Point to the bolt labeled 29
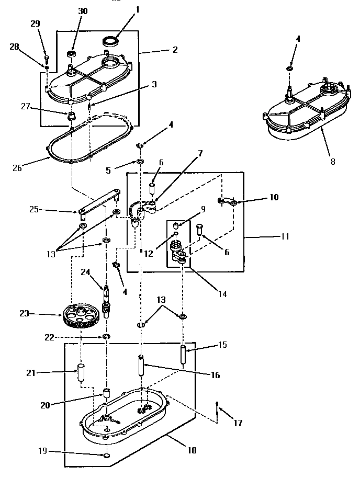(x=47, y=58)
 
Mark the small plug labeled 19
(x=106, y=456)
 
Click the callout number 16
(x=216, y=375)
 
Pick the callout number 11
(x=285, y=236)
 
